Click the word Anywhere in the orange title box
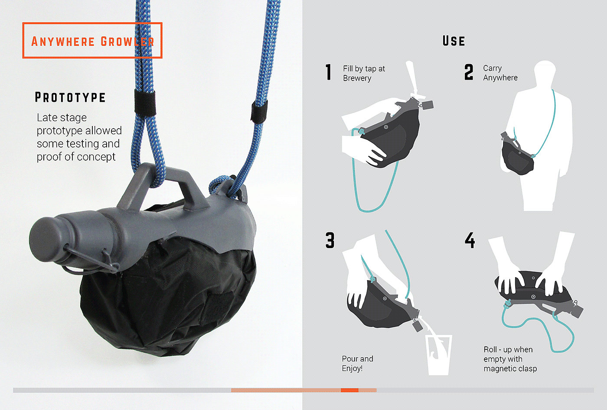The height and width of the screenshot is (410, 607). tap(63, 42)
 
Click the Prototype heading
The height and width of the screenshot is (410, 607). tap(70, 97)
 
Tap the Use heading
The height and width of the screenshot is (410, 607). tap(454, 41)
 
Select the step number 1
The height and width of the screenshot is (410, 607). tap(329, 72)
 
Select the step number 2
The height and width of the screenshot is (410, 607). tap(469, 72)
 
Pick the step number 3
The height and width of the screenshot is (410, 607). tap(330, 240)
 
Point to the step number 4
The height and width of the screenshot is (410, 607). tap(470, 240)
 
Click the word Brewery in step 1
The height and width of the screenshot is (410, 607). tap(357, 78)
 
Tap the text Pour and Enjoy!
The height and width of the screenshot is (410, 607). tap(357, 363)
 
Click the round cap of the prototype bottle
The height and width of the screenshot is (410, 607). tap(42, 239)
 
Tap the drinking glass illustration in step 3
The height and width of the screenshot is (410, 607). tap(438, 355)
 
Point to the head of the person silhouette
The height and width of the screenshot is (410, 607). tap(545, 71)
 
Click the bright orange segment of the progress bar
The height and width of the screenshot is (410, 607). tap(349, 390)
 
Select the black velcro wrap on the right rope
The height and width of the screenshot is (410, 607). tap(259, 111)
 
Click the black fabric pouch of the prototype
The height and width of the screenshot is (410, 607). tap(168, 295)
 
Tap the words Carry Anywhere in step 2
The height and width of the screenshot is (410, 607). tap(500, 73)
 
